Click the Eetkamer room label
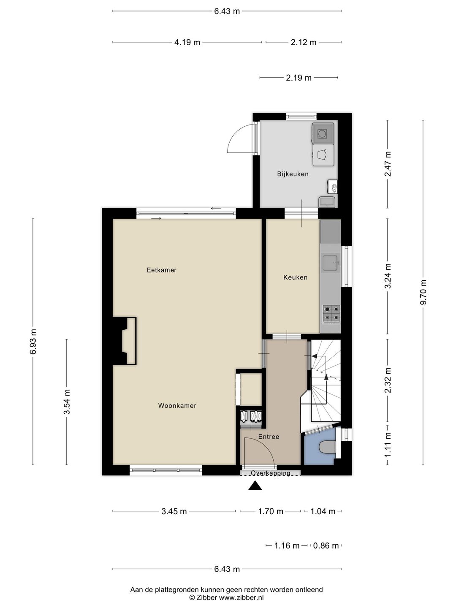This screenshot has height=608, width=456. click(x=161, y=270)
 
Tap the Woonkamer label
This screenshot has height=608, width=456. click(x=177, y=405)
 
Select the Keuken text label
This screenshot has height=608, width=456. click(x=295, y=277)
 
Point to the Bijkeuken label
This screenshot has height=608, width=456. click(x=293, y=174)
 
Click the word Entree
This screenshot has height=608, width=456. click(x=269, y=437)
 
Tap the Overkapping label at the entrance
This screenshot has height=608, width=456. click(x=271, y=473)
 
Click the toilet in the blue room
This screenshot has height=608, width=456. click(x=327, y=447)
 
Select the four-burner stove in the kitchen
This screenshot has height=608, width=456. click(x=331, y=313)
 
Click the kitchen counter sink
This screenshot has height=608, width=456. click(x=331, y=263)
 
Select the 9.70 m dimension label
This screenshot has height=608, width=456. click(x=423, y=293)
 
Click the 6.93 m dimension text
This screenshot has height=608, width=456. click(x=33, y=342)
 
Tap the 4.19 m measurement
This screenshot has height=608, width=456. click(x=187, y=42)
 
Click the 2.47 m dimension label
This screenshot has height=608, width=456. click(x=388, y=164)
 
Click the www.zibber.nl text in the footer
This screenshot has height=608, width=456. click(x=241, y=597)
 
